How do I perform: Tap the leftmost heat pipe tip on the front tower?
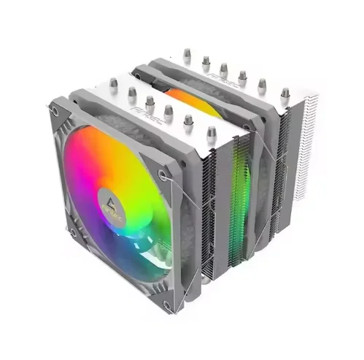point(112,83)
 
